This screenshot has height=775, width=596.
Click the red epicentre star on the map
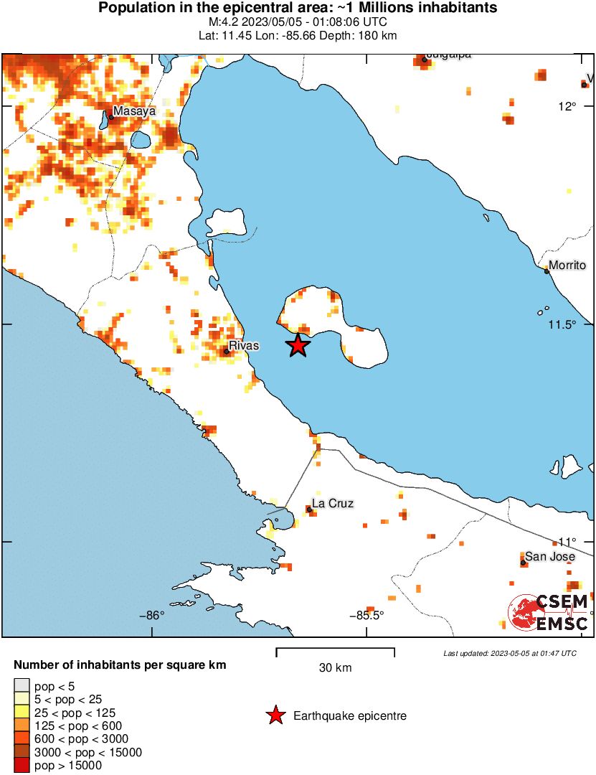pos(298,345)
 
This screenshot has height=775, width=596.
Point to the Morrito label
pos(567,265)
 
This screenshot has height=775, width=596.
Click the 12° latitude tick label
pos(568,107)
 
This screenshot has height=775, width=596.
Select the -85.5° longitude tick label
pos(366,615)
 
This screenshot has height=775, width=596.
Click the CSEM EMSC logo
pos(549,612)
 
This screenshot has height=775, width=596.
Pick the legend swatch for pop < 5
pos(22,686)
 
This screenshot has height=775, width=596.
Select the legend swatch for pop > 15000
pos(22,765)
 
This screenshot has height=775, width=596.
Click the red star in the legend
pos(274,715)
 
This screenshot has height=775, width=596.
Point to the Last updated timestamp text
pos(509,653)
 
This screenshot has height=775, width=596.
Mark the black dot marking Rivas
pos(226,351)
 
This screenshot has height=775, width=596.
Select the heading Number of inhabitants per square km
pos(120,665)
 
